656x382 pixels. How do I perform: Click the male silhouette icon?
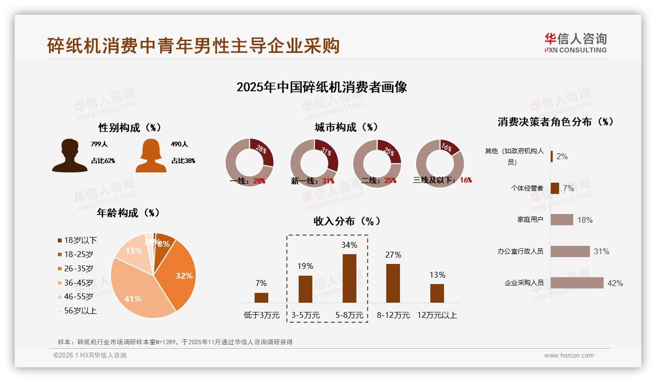[70, 156]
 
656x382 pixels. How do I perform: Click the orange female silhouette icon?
[151, 156]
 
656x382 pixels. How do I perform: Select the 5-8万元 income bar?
[349, 278]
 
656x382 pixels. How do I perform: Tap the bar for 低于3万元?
[261, 298]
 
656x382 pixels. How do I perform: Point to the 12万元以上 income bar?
[437, 293]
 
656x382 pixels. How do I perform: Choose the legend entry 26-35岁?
[78, 268]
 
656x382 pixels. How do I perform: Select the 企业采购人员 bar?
[577, 283]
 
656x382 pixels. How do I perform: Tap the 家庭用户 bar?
[562, 220]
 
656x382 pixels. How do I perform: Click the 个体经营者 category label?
[527, 188]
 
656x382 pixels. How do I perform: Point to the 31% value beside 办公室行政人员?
[601, 252]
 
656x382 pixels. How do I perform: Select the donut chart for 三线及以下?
[440, 163]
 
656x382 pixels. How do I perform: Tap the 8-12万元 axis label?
[393, 315]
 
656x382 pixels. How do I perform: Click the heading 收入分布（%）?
[347, 221]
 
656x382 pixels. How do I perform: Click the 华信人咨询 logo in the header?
[575, 43]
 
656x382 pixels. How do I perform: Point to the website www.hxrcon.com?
[568, 356]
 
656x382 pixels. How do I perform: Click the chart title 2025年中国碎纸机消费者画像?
[322, 88]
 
